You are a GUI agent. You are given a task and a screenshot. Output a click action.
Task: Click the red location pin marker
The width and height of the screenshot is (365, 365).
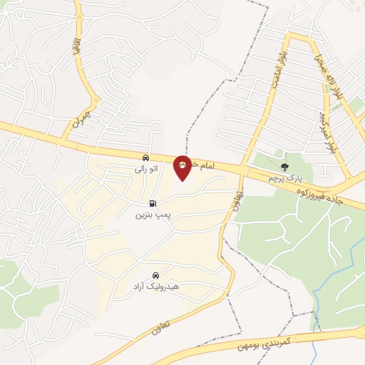pos(183,167)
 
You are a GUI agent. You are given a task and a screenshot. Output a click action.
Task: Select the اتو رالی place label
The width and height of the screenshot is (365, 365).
pos(145,170)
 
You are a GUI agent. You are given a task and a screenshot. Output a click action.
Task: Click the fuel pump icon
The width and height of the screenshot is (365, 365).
pos(152,203)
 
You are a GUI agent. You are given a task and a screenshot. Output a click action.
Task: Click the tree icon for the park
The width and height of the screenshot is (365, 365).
pos(285,166)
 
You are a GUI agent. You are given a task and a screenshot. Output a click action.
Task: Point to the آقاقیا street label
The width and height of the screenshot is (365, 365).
pos(74,48)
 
